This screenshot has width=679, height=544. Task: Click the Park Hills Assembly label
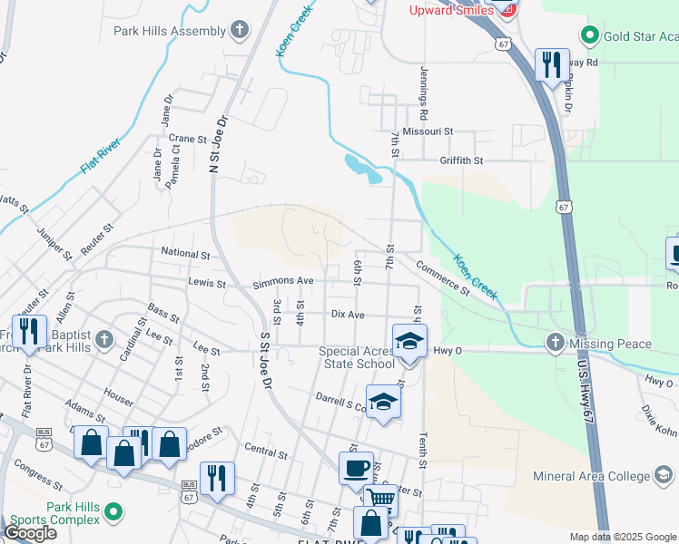pos(170,31)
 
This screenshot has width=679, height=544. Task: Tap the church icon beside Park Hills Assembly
pos(240,31)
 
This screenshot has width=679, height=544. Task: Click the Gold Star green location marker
pos(588,36)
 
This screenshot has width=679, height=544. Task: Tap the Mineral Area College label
pos(591,475)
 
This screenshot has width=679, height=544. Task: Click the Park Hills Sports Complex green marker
pos(113,513)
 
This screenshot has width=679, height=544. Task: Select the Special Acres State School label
pos(357,358)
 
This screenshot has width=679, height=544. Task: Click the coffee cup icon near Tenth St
pos(356,469)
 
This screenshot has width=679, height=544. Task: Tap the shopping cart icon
pos(381,500)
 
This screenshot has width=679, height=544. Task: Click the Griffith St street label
pos(461,160)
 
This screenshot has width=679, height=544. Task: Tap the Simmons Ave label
pos(282,282)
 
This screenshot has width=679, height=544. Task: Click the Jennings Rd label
pos(423,94)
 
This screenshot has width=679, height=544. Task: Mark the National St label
pos(185,253)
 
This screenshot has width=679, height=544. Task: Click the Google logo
pos(30,533)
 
